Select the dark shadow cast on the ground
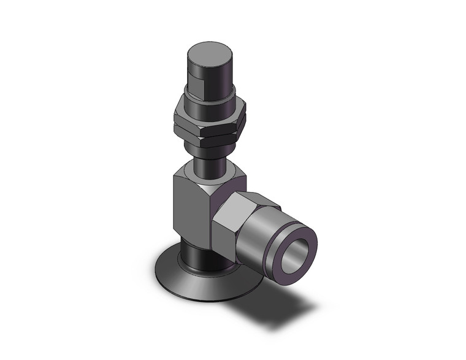288,301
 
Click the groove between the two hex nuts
209,124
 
